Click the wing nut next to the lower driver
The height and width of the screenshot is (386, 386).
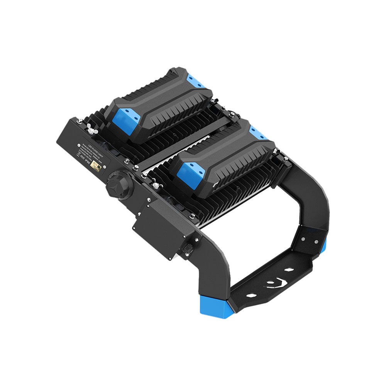[x=155, y=184]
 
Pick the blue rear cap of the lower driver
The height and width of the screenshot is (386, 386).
[x=258, y=133]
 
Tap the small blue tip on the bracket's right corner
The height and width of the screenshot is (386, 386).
[x=324, y=244]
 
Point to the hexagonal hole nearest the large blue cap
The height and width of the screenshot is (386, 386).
[x=252, y=295]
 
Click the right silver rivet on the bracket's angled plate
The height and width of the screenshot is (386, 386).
[x=316, y=242]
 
